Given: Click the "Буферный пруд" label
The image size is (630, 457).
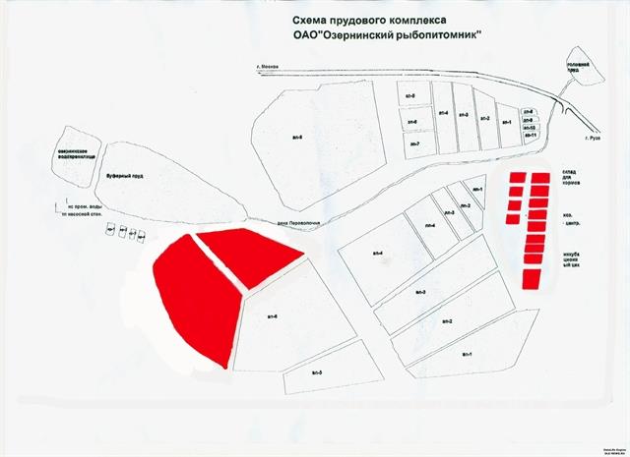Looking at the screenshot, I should click(x=125, y=171).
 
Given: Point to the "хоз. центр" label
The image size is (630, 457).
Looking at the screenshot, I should click(x=572, y=222).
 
